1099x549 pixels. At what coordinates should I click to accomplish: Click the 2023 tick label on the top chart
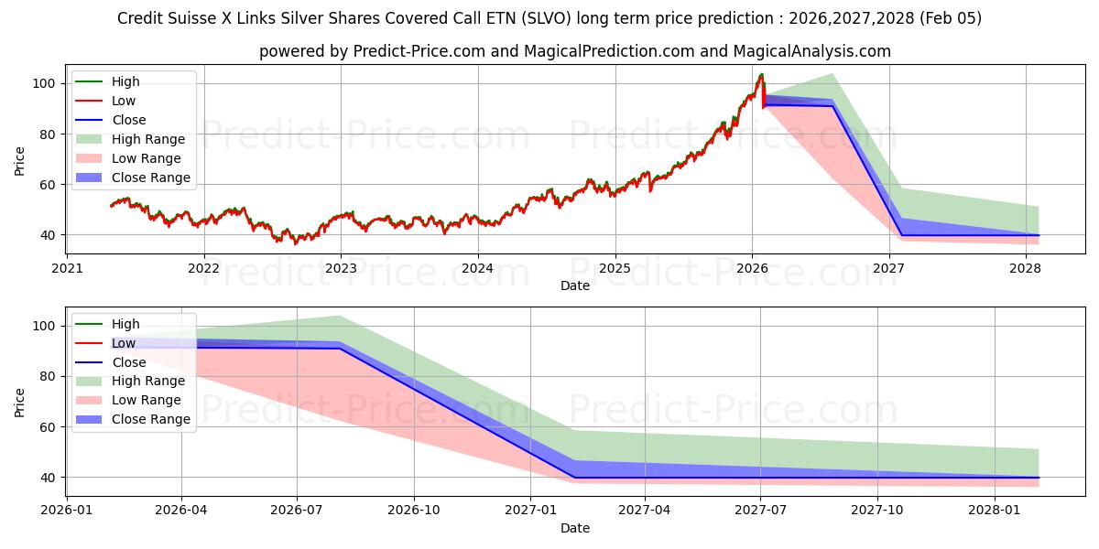pos(341,268)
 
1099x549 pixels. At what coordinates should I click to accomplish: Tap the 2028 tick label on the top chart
pos(1025,268)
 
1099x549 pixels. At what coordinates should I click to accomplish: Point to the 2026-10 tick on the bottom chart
pos(414,511)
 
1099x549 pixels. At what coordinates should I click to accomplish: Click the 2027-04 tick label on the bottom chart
pos(645,511)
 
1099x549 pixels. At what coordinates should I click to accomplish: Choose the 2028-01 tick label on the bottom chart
pos(993,511)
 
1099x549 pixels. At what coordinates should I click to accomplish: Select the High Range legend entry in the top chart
pos(147,139)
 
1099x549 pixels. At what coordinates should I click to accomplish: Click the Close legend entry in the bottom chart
pos(128,362)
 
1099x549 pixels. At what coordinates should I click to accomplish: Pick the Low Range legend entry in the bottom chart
pos(146,401)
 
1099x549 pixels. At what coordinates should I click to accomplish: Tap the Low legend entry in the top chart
pos(125,101)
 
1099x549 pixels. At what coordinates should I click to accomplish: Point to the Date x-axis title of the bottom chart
pos(575,528)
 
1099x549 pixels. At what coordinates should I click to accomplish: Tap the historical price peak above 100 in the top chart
pos(761,75)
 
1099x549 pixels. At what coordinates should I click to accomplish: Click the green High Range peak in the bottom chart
pos(340,316)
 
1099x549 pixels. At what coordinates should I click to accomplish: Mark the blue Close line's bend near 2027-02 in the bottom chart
pos(573,477)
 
